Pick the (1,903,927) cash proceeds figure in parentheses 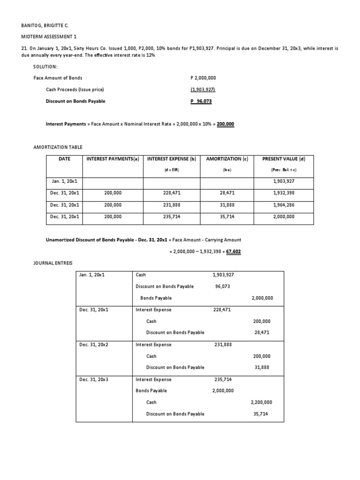click(x=202, y=90)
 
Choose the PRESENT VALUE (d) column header click(x=284, y=159)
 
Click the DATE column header click(x=64, y=159)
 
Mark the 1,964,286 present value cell click(x=284, y=205)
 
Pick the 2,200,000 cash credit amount click(x=262, y=402)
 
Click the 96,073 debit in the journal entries click(x=223, y=286)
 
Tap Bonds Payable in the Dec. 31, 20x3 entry click(x=151, y=390)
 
